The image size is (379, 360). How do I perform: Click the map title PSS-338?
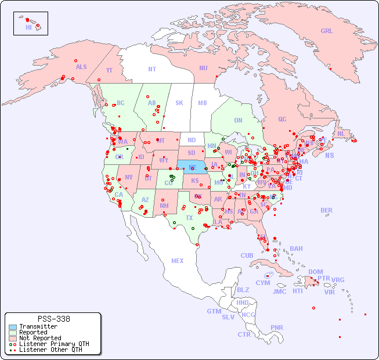point(53,319)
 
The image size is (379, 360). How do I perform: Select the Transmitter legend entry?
point(38,327)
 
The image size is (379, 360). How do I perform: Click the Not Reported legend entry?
point(39,338)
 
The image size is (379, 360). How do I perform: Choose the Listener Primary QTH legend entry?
point(53,344)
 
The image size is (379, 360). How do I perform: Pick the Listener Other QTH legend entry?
point(50,350)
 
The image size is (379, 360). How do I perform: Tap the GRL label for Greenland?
point(327,31)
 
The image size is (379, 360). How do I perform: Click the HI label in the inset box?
point(28,27)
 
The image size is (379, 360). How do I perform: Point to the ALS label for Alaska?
point(81,67)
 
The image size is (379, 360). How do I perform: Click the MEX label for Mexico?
point(178,261)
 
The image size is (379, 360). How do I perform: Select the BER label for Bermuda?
point(326,211)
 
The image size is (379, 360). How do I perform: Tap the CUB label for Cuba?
point(247,256)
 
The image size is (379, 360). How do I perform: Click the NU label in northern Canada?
point(203,69)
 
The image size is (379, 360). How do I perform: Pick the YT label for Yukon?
point(109,70)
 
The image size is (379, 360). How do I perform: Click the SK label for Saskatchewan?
point(179,103)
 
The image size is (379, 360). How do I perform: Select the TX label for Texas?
point(189,218)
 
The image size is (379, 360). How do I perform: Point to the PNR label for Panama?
point(277,327)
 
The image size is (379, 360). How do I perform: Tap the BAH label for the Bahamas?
point(296,249)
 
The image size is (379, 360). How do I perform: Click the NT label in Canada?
point(152,69)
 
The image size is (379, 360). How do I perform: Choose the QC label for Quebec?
point(282,120)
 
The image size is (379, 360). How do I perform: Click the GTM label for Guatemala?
point(214,311)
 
